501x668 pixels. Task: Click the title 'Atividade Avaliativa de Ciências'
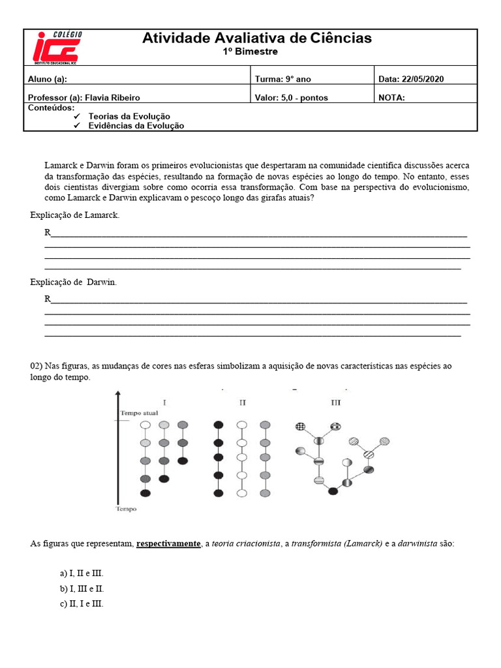click(x=257, y=38)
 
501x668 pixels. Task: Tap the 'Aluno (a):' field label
click(x=48, y=80)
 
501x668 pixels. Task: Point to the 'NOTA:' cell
click(x=391, y=98)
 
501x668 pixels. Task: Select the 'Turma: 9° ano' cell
click(x=283, y=80)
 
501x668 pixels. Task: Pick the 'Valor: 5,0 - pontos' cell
click(x=292, y=98)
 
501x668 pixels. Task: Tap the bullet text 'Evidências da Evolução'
click(x=136, y=126)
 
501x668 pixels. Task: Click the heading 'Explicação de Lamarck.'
click(x=75, y=215)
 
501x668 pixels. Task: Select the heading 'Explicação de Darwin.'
click(x=74, y=282)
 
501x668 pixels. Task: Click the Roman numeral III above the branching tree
click(x=335, y=402)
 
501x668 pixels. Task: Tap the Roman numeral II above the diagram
click(x=242, y=402)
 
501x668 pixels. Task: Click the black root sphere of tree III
click(x=333, y=491)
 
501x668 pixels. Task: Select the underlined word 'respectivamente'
click(x=168, y=543)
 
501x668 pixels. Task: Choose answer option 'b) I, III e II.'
click(x=82, y=588)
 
